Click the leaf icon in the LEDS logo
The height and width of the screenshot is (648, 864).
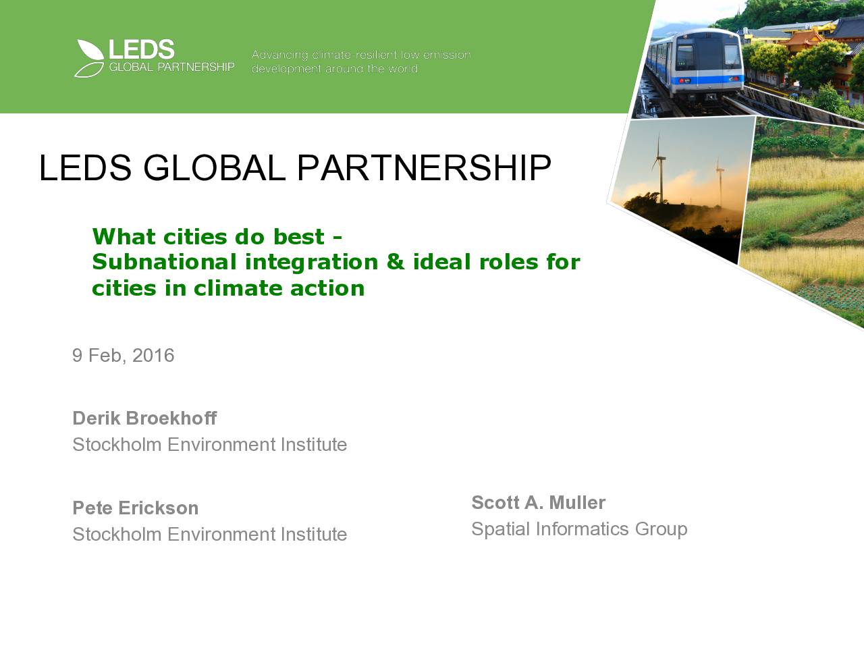(89, 58)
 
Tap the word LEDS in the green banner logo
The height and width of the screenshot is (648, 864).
(141, 49)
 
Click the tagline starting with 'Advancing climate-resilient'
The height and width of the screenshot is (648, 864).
(361, 61)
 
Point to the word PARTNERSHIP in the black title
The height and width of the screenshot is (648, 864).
(424, 167)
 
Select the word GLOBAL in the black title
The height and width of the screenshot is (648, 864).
(214, 167)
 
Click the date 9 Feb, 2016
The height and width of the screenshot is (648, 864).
(124, 355)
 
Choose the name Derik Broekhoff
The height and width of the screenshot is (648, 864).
(144, 418)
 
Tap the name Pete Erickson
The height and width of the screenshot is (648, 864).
(136, 508)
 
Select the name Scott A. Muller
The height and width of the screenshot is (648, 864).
(539, 502)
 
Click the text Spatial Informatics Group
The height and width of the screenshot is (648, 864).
(579, 529)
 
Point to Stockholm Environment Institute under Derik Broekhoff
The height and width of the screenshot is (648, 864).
(210, 445)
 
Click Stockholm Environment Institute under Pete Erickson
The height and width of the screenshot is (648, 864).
(210, 535)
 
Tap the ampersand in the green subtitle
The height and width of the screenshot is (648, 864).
(396, 262)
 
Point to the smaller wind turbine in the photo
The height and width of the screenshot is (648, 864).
(720, 182)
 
